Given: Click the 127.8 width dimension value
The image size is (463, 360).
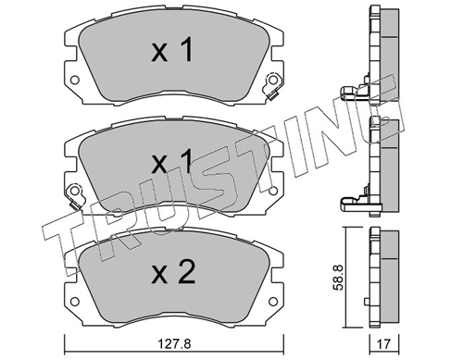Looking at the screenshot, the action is tap(174, 343).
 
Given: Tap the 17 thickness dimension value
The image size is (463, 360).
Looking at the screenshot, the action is tap(384, 343).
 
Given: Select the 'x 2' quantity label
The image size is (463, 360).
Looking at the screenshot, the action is tap(173, 271).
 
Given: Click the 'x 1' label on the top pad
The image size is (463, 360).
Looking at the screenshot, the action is tap(172, 49).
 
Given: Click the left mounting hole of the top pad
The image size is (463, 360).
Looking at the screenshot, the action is tap(75, 81).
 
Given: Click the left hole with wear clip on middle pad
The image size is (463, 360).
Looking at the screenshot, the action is tap(75, 195).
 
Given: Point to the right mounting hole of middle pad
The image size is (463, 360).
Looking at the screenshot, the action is tap(273, 192).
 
